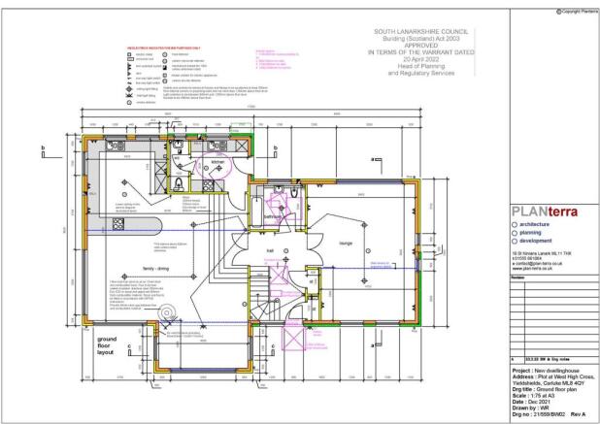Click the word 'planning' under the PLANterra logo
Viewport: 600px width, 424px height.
tap(538, 233)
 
